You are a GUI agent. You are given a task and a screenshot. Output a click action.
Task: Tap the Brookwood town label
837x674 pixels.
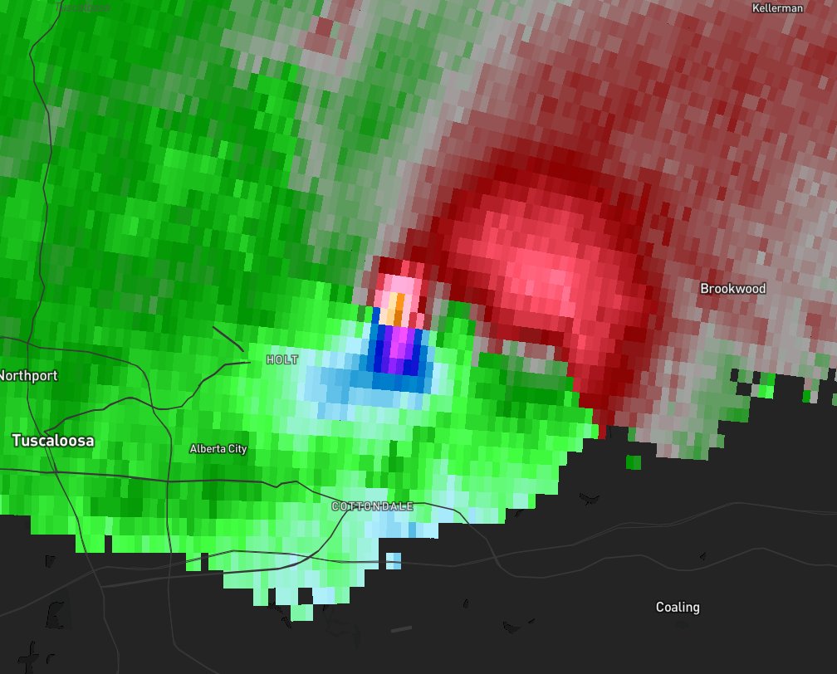pyautogui.click(x=732, y=289)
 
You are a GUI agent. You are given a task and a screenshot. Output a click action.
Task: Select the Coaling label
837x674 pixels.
pyautogui.click(x=678, y=607)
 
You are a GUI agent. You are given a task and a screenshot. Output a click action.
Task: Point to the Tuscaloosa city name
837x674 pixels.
pyautogui.click(x=53, y=441)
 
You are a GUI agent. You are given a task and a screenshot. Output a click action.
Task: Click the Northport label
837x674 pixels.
pyautogui.click(x=28, y=375)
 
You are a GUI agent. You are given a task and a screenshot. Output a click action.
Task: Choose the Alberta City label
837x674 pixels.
pyautogui.click(x=218, y=449)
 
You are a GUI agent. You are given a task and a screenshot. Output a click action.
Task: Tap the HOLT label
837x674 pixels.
pyautogui.click(x=281, y=359)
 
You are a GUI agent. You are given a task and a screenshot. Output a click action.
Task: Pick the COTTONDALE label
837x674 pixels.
pyautogui.click(x=372, y=505)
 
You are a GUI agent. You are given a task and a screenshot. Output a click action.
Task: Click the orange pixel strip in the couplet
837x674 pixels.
pyautogui.click(x=398, y=311)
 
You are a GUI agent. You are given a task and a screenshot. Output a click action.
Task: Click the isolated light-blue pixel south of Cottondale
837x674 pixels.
pyautogui.click(x=394, y=561)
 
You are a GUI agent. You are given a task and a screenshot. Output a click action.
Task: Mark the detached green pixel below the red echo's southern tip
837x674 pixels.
pyautogui.click(x=634, y=462)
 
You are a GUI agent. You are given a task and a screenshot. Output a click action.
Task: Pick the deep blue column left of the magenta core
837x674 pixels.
pyautogui.click(x=384, y=349)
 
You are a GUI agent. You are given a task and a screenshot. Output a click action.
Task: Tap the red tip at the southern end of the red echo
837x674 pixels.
pyautogui.click(x=600, y=432)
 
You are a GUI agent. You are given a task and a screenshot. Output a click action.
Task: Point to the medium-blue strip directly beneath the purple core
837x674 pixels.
pyautogui.click(x=399, y=381)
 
